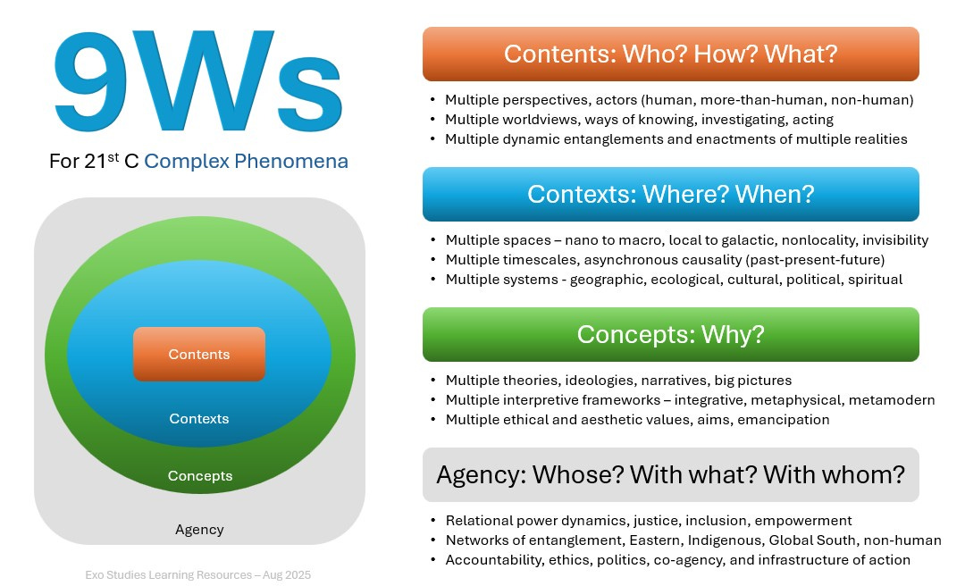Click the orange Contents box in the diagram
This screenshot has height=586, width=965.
coord(199,355)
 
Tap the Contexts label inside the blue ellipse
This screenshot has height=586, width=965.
coord(199,419)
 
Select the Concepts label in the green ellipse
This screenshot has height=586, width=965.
coord(199,476)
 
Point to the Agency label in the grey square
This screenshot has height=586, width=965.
coord(199,530)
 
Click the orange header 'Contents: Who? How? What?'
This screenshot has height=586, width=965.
coord(670,54)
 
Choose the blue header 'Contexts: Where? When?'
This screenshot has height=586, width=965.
coord(670,194)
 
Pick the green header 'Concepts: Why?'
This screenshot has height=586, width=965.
coord(670,334)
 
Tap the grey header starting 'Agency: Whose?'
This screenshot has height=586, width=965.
coord(670,474)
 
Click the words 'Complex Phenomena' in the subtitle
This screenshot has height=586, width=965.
coord(246,162)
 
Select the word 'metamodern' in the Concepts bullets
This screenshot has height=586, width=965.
coord(892,400)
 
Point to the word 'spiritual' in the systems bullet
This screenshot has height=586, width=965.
coord(870,280)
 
